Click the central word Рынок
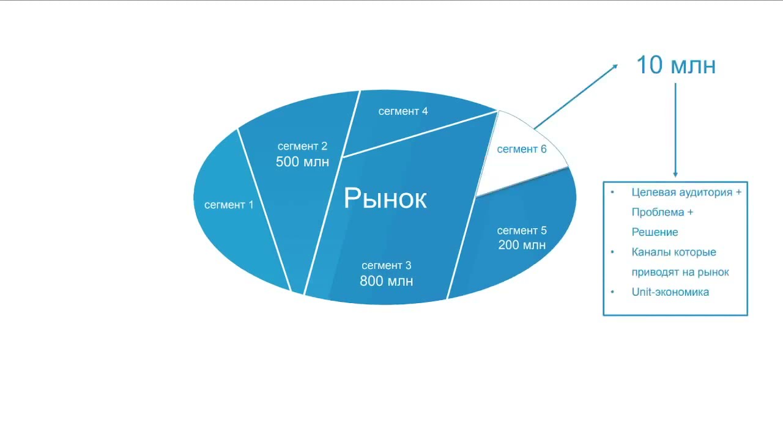(385, 199)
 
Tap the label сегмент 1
(229, 205)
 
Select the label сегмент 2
(302, 147)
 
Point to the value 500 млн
(302, 162)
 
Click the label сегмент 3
(386, 266)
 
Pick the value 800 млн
(386, 281)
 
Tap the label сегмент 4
(403, 111)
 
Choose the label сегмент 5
(522, 230)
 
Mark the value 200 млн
(522, 246)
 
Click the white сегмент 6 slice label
(522, 149)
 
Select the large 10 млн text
(676, 65)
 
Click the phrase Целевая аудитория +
(686, 193)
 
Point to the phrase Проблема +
(662, 213)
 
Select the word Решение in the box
(655, 232)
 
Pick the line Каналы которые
(674, 252)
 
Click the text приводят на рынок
(680, 273)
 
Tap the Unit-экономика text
(670, 292)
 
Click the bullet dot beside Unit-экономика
(613, 292)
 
